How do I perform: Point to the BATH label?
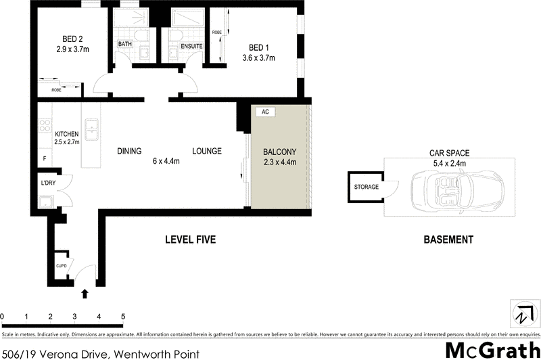point(125,45)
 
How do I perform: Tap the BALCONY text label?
point(279,152)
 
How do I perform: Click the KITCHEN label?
point(67,134)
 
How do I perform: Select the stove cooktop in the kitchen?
point(45,125)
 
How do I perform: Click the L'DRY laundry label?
point(47,183)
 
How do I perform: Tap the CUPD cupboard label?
point(61,255)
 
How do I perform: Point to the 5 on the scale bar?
point(123,316)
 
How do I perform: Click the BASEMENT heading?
point(448,240)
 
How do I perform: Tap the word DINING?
point(129,151)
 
